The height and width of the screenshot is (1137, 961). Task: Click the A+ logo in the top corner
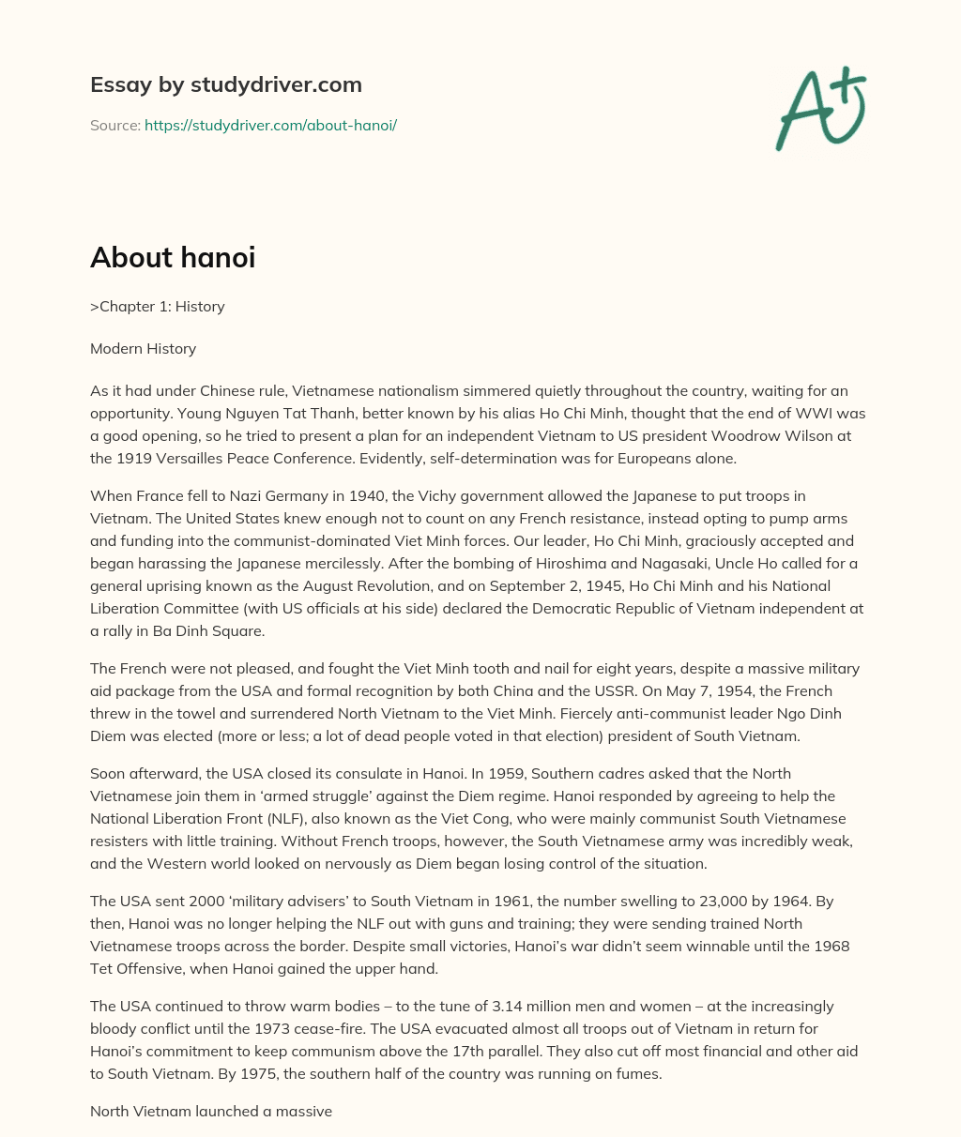[820, 108]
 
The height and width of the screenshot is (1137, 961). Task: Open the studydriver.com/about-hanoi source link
[270, 125]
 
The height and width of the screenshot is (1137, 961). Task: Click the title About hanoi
[173, 258]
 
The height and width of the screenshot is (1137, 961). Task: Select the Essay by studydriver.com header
[225, 84]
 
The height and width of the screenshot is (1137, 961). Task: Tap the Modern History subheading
[143, 348]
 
